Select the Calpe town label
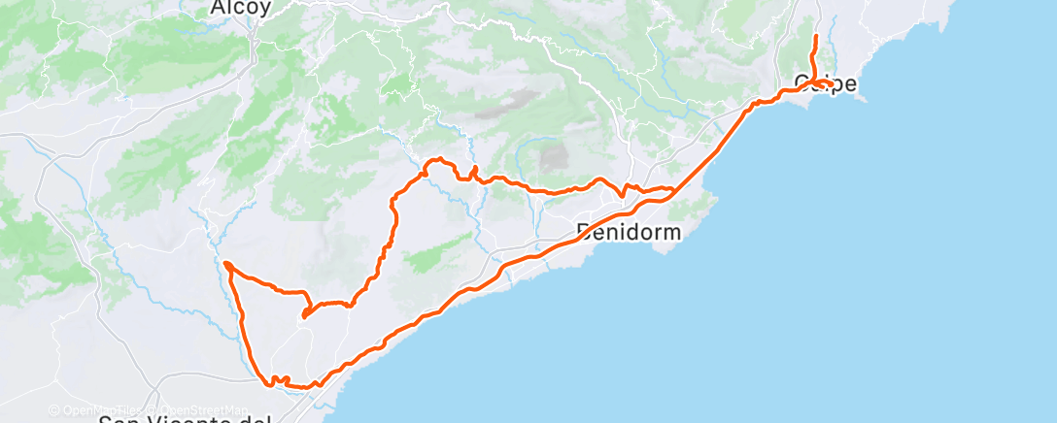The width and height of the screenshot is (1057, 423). (826, 83)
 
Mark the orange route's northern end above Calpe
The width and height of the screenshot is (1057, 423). (815, 37)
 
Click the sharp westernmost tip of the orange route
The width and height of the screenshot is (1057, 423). (225, 263)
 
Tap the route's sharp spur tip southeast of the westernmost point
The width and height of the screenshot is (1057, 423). (304, 315)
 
